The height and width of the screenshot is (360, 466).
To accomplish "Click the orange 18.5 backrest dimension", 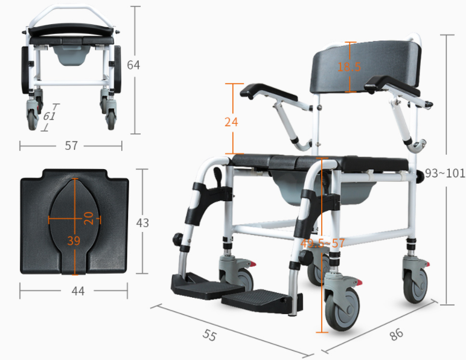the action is pos(349,66).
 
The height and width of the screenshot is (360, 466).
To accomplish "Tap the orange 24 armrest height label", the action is pos(231,122).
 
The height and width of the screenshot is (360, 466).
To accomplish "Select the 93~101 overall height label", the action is pos(445,173).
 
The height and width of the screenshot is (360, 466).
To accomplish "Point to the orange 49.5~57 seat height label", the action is pos(322,243).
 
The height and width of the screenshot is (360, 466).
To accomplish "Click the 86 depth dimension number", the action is pos(396,334).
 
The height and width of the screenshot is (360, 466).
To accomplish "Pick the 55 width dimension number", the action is pos(209,335).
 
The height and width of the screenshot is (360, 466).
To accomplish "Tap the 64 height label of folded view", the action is pos(133,65).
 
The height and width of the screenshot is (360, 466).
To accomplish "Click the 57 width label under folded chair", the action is pos(71,146).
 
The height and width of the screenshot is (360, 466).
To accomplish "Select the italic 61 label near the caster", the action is pos(49,116).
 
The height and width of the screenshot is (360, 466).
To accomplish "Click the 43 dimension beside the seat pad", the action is pos(142,223).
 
